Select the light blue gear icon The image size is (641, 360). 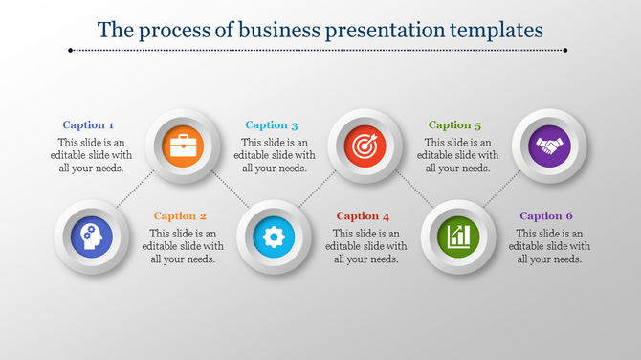(x=272, y=236)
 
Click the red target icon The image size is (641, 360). (x=364, y=146)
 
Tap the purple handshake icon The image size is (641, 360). (x=548, y=146)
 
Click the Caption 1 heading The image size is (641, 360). (x=88, y=124)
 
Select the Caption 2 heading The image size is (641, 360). (x=180, y=215)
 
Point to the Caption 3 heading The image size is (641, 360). (x=272, y=124)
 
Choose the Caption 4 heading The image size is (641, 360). (x=364, y=215)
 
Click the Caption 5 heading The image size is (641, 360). (x=455, y=124)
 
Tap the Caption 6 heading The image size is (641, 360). (x=547, y=215)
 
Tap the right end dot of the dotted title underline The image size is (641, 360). (x=565, y=50)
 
